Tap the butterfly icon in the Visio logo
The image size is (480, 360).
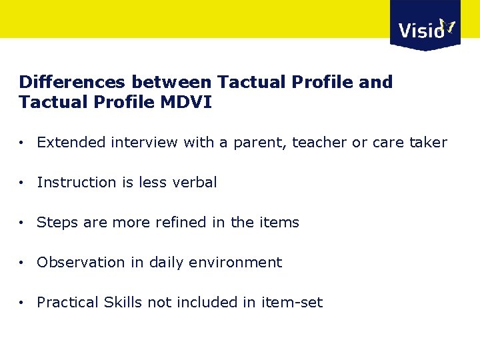click(448, 27)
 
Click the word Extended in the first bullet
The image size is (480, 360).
click(71, 143)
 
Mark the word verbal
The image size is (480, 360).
click(195, 183)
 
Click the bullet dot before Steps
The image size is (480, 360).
click(23, 223)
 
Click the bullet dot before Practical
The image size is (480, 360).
click(23, 303)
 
